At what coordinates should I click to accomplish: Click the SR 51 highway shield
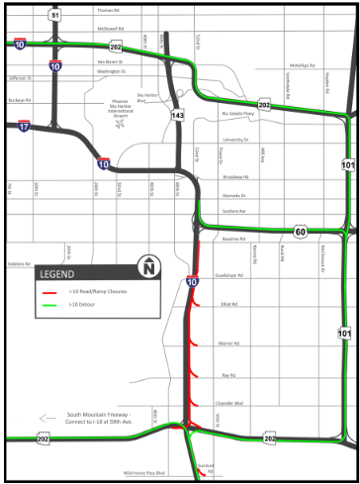55,16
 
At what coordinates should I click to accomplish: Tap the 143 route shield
178,116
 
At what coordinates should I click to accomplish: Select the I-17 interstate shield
24,126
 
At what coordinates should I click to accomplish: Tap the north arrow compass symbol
148,267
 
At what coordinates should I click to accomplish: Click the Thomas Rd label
109,11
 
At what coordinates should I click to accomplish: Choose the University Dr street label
235,140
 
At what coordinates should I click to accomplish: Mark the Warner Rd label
230,342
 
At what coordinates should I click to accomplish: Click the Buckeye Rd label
19,100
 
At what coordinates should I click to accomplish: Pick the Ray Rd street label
230,375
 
